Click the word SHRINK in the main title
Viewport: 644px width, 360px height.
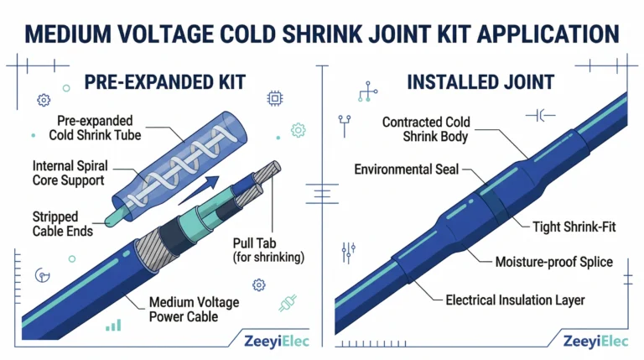pyautogui.click(x=322, y=34)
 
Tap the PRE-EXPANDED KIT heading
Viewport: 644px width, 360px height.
pyautogui.click(x=164, y=82)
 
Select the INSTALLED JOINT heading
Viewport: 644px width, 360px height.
pyautogui.click(x=480, y=82)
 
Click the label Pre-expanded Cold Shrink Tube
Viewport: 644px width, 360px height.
pyautogui.click(x=95, y=128)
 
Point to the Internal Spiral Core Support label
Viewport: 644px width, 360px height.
pyautogui.click(x=70, y=173)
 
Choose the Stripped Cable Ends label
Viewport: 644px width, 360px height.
pyautogui.click(x=62, y=224)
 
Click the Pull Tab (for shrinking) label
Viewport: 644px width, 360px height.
pyautogui.click(x=268, y=250)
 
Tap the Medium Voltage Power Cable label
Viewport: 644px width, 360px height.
pyautogui.click(x=194, y=310)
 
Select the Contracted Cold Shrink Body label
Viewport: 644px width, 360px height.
pyautogui.click(x=426, y=129)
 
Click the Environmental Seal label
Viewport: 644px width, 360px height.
pyautogui.click(x=406, y=170)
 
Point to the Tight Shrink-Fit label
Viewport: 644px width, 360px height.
pyautogui.click(x=574, y=227)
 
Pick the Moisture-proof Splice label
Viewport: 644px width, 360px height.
pyautogui.click(x=554, y=262)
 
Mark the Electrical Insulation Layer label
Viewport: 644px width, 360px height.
pyautogui.click(x=515, y=300)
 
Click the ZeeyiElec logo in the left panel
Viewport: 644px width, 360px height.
pyautogui.click(x=277, y=341)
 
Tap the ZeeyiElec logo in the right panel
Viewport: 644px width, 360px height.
pyautogui.click(x=595, y=341)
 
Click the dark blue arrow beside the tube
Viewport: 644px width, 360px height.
pyautogui.click(x=199, y=190)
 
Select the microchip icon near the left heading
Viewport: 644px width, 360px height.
pyautogui.click(x=275, y=99)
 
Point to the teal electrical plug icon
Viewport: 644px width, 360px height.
pyautogui.click(x=288, y=303)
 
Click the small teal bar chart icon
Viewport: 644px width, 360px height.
pyautogui.click(x=113, y=326)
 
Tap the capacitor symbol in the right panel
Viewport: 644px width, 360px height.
pyautogui.click(x=541, y=116)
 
